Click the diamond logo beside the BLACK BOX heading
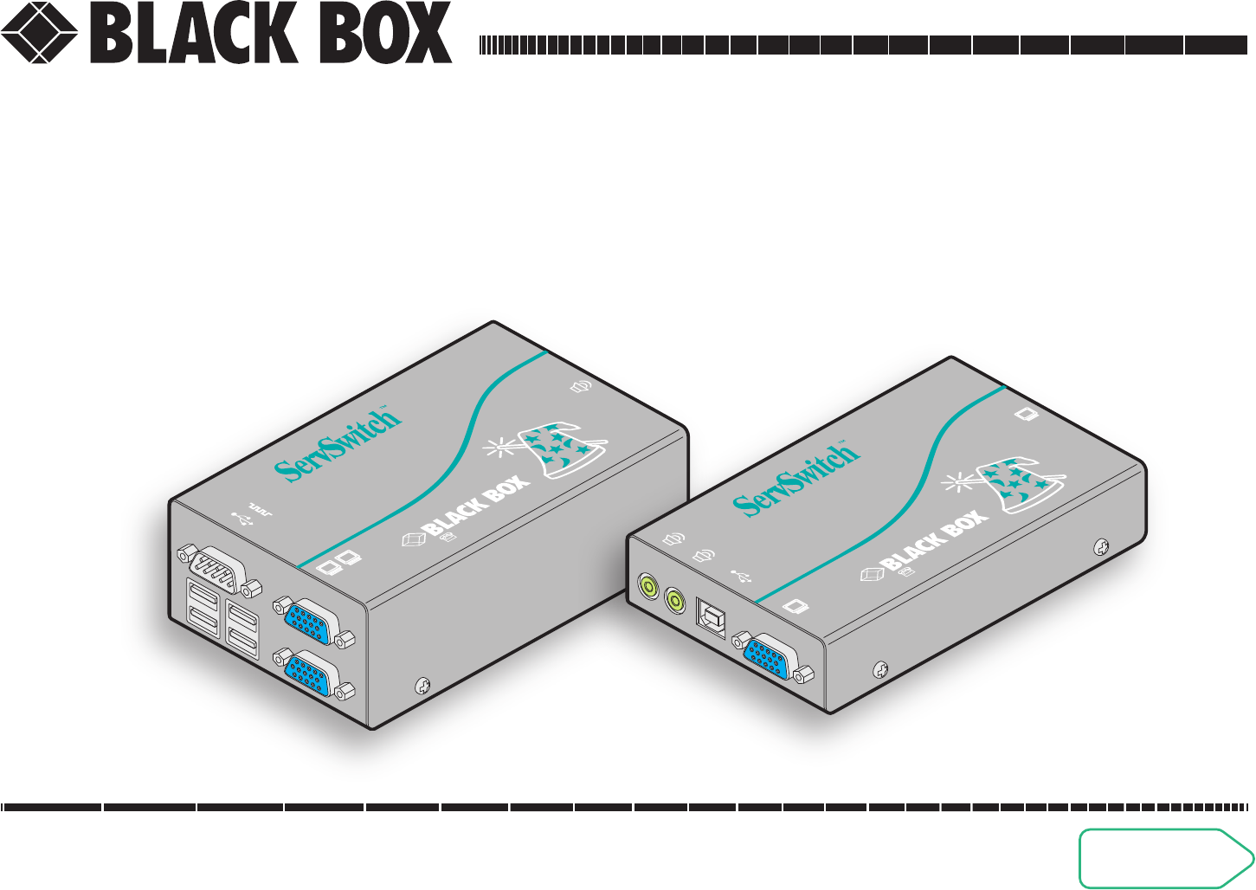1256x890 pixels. (x=40, y=33)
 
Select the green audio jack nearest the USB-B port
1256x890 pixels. (x=675, y=598)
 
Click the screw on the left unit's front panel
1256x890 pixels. (x=422, y=685)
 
